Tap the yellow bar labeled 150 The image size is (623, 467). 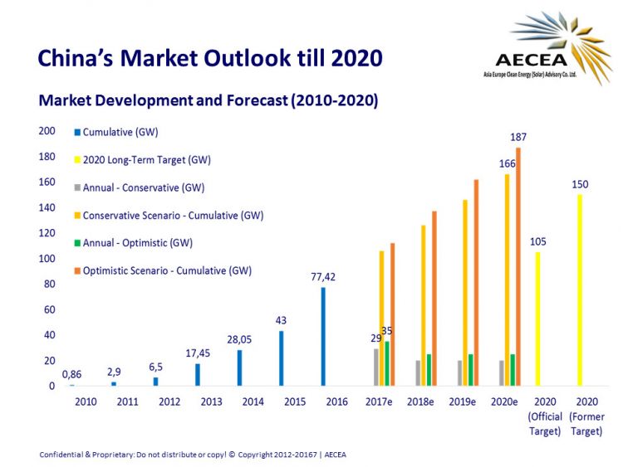click(x=579, y=289)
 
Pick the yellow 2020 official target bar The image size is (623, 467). click(x=537, y=319)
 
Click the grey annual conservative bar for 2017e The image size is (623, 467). click(x=375, y=367)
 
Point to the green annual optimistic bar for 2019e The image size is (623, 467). click(x=470, y=370)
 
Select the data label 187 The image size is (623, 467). click(x=519, y=138)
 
